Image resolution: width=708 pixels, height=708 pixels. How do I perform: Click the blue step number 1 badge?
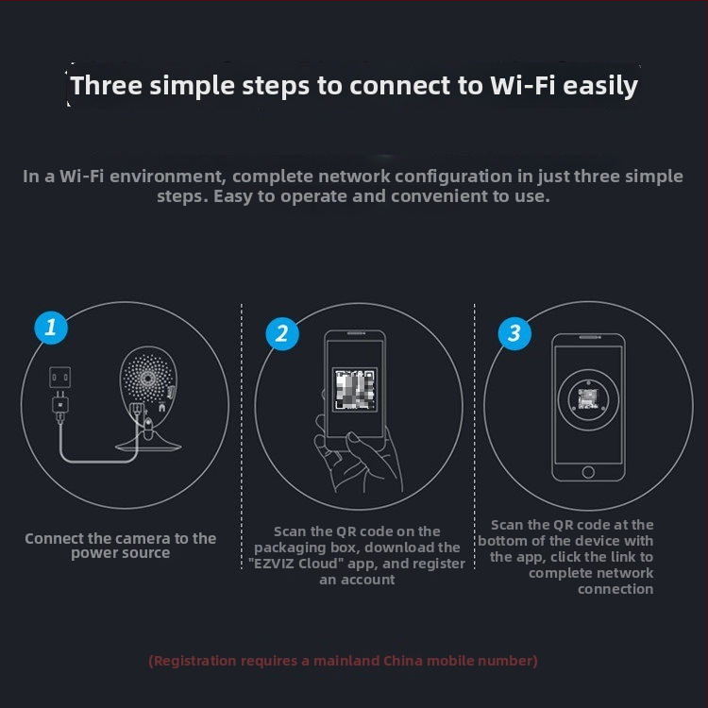point(51,328)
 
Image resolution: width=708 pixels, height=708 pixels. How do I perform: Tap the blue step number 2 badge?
point(282,334)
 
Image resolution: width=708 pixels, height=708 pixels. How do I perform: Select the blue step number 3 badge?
point(514,333)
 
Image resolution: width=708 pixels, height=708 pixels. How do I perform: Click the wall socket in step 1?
point(60,378)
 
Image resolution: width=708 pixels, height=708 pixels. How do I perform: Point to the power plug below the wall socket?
point(60,407)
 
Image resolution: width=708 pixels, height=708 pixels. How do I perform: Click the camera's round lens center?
point(147,379)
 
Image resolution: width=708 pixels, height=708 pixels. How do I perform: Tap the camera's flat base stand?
point(148,444)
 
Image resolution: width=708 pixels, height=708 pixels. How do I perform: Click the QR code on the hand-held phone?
point(355,389)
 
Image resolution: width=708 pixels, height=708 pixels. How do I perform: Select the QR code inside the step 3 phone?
point(588,398)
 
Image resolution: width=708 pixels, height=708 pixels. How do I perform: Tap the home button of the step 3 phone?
point(588,472)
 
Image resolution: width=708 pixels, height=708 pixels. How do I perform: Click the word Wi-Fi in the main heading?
point(523,85)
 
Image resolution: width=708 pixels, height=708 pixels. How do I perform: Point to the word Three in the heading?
point(107,85)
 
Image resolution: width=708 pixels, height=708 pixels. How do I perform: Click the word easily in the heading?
point(600,86)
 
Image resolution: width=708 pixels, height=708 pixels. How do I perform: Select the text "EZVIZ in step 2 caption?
point(272,564)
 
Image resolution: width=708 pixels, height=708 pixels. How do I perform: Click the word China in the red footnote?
point(403,661)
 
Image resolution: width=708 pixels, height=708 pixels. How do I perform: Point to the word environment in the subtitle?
point(167,177)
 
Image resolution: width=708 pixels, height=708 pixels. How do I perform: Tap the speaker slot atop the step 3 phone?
point(590,337)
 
